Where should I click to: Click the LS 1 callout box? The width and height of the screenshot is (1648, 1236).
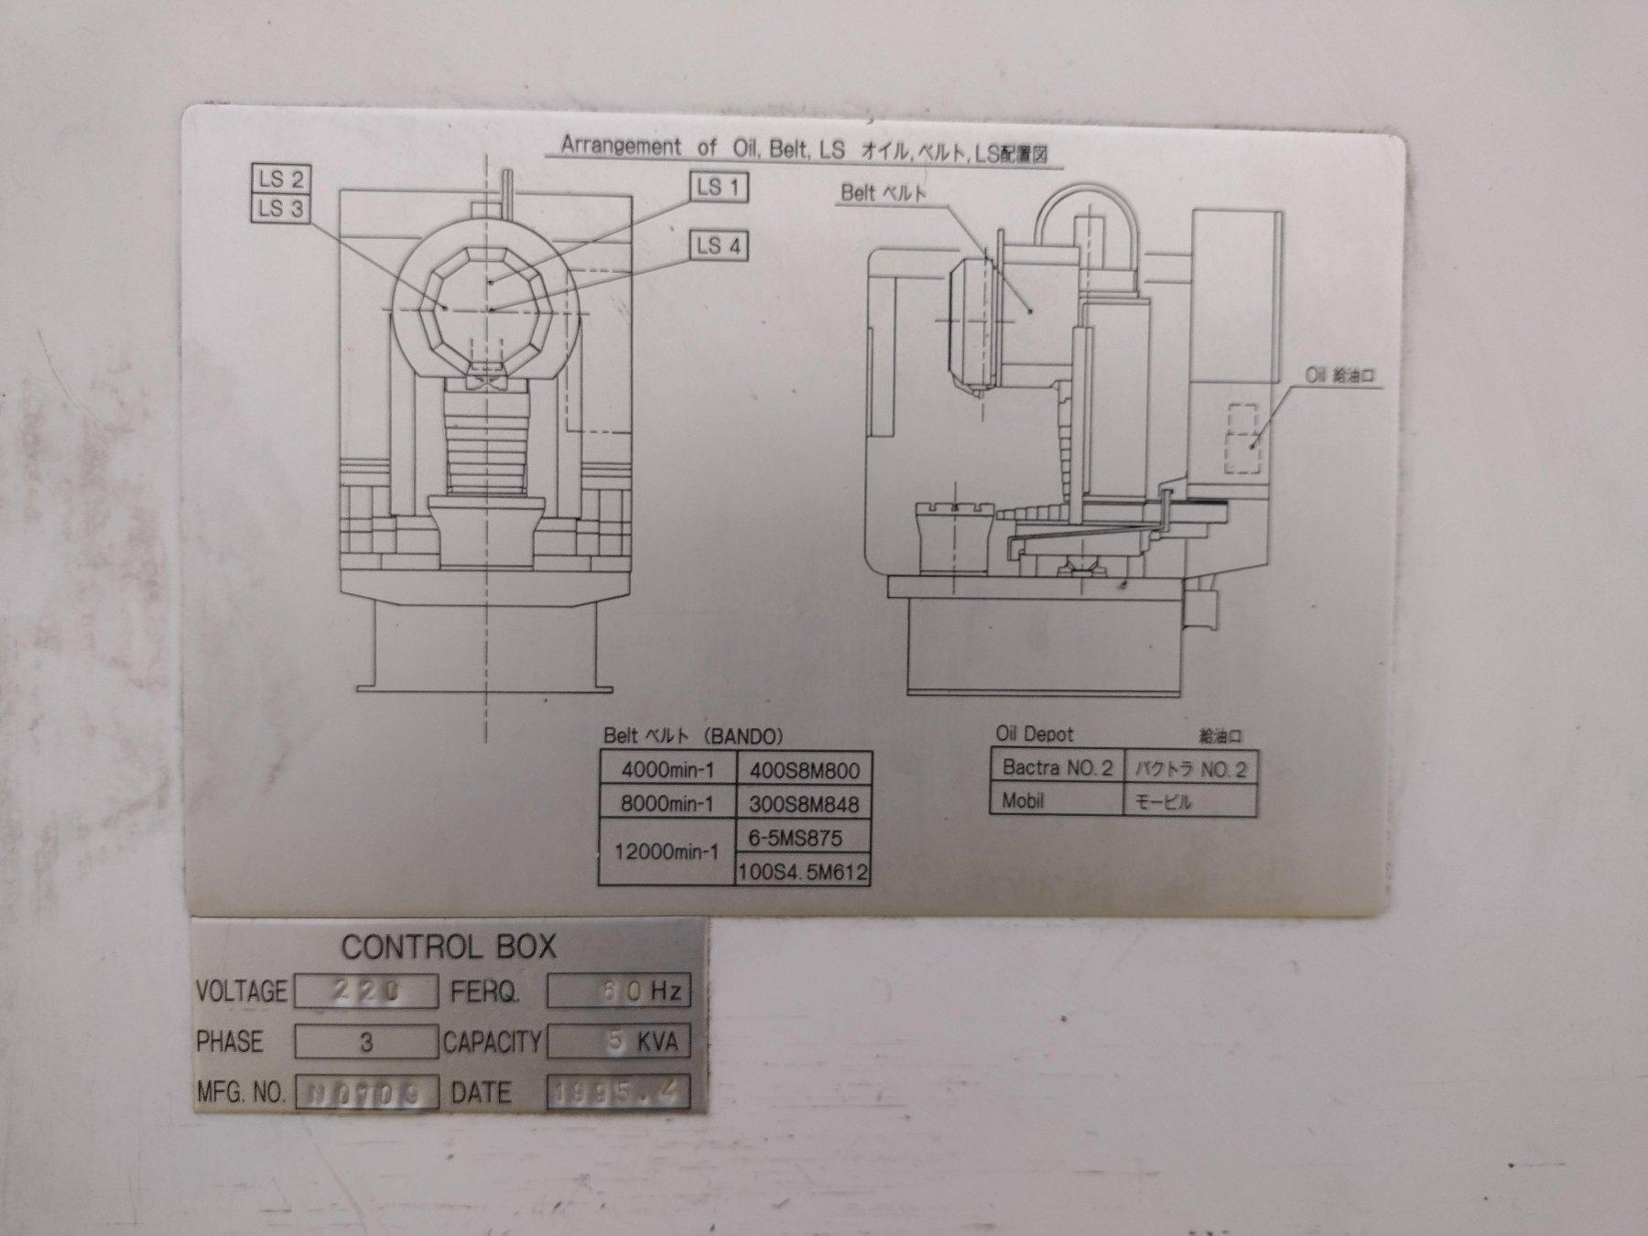(x=719, y=188)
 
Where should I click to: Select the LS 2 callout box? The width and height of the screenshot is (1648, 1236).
(x=280, y=179)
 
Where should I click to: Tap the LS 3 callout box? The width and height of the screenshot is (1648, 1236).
(x=280, y=209)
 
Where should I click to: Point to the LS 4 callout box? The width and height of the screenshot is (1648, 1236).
(x=719, y=245)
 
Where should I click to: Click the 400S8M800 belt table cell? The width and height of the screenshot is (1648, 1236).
(x=803, y=770)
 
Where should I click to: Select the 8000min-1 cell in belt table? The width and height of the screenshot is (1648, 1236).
(x=667, y=804)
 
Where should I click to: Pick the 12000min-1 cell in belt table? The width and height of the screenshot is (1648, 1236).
(x=667, y=852)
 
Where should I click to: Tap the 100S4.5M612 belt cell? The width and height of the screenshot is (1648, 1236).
(x=802, y=872)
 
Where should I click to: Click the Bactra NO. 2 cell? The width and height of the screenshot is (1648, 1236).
(x=1057, y=767)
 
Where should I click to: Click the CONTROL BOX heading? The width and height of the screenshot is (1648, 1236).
(x=449, y=947)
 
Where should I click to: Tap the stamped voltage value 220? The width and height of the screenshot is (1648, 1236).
(x=365, y=992)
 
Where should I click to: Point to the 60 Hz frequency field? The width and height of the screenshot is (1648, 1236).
(x=617, y=992)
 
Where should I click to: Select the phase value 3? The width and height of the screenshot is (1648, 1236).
(x=365, y=1042)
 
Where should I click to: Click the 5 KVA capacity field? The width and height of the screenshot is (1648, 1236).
(x=617, y=1042)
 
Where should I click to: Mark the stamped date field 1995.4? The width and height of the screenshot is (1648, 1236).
(x=617, y=1092)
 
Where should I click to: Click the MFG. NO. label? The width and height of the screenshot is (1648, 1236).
(x=241, y=1092)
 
